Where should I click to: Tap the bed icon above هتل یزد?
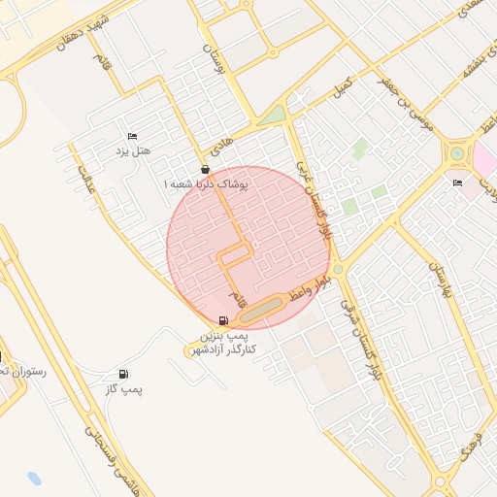pos(133,136)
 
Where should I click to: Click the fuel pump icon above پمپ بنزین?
pos(224,319)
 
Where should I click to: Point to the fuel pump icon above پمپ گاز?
pos(122,375)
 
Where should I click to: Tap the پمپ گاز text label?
pos(126,389)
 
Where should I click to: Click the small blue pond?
pos(36,479)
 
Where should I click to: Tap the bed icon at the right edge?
pos(457,183)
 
